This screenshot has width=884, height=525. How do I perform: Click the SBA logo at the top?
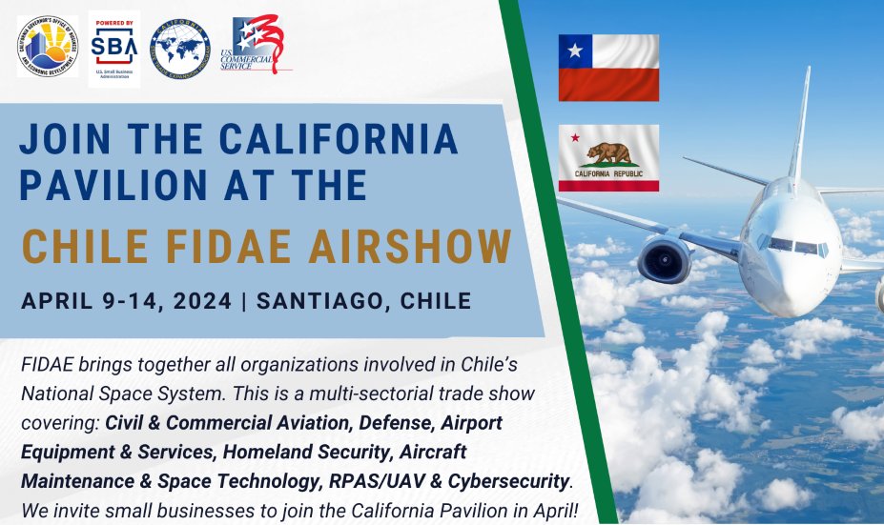coord(114,49)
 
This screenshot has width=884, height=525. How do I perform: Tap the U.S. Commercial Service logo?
coord(261,46)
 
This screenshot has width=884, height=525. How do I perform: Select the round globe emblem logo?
coord(180,49)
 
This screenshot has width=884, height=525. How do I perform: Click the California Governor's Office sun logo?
coord(48,48)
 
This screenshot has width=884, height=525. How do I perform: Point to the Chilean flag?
coord(608,68)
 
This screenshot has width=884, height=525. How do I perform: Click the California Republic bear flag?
coord(608,157)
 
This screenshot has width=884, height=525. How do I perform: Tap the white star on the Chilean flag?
coord(574,50)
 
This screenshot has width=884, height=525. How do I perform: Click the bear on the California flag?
coord(607,152)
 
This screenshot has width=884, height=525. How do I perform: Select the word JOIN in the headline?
coord(66,139)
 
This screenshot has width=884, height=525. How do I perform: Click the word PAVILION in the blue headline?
coord(121,183)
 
